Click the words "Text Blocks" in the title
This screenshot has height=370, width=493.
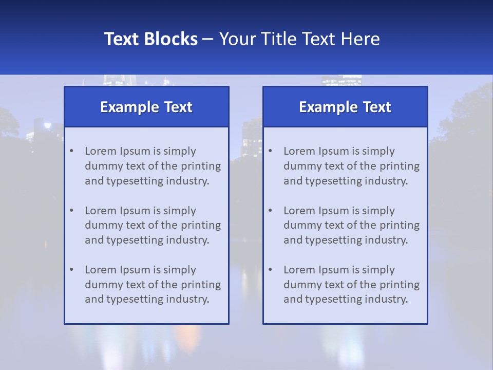(150, 39)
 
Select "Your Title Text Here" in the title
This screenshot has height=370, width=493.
(299, 39)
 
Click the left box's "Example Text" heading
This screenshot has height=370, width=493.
(146, 107)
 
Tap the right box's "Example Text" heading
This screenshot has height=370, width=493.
(345, 107)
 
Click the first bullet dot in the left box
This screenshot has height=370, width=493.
(71, 151)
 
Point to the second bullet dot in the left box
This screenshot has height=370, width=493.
(71, 210)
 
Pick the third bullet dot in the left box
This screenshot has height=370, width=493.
(71, 269)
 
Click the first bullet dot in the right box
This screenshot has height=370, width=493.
(270, 151)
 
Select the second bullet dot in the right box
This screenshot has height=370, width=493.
(270, 210)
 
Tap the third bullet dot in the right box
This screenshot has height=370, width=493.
(270, 269)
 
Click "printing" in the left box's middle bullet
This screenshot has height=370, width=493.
(201, 225)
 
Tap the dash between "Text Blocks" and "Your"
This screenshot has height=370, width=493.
(208, 40)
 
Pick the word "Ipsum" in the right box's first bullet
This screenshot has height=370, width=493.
(333, 151)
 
